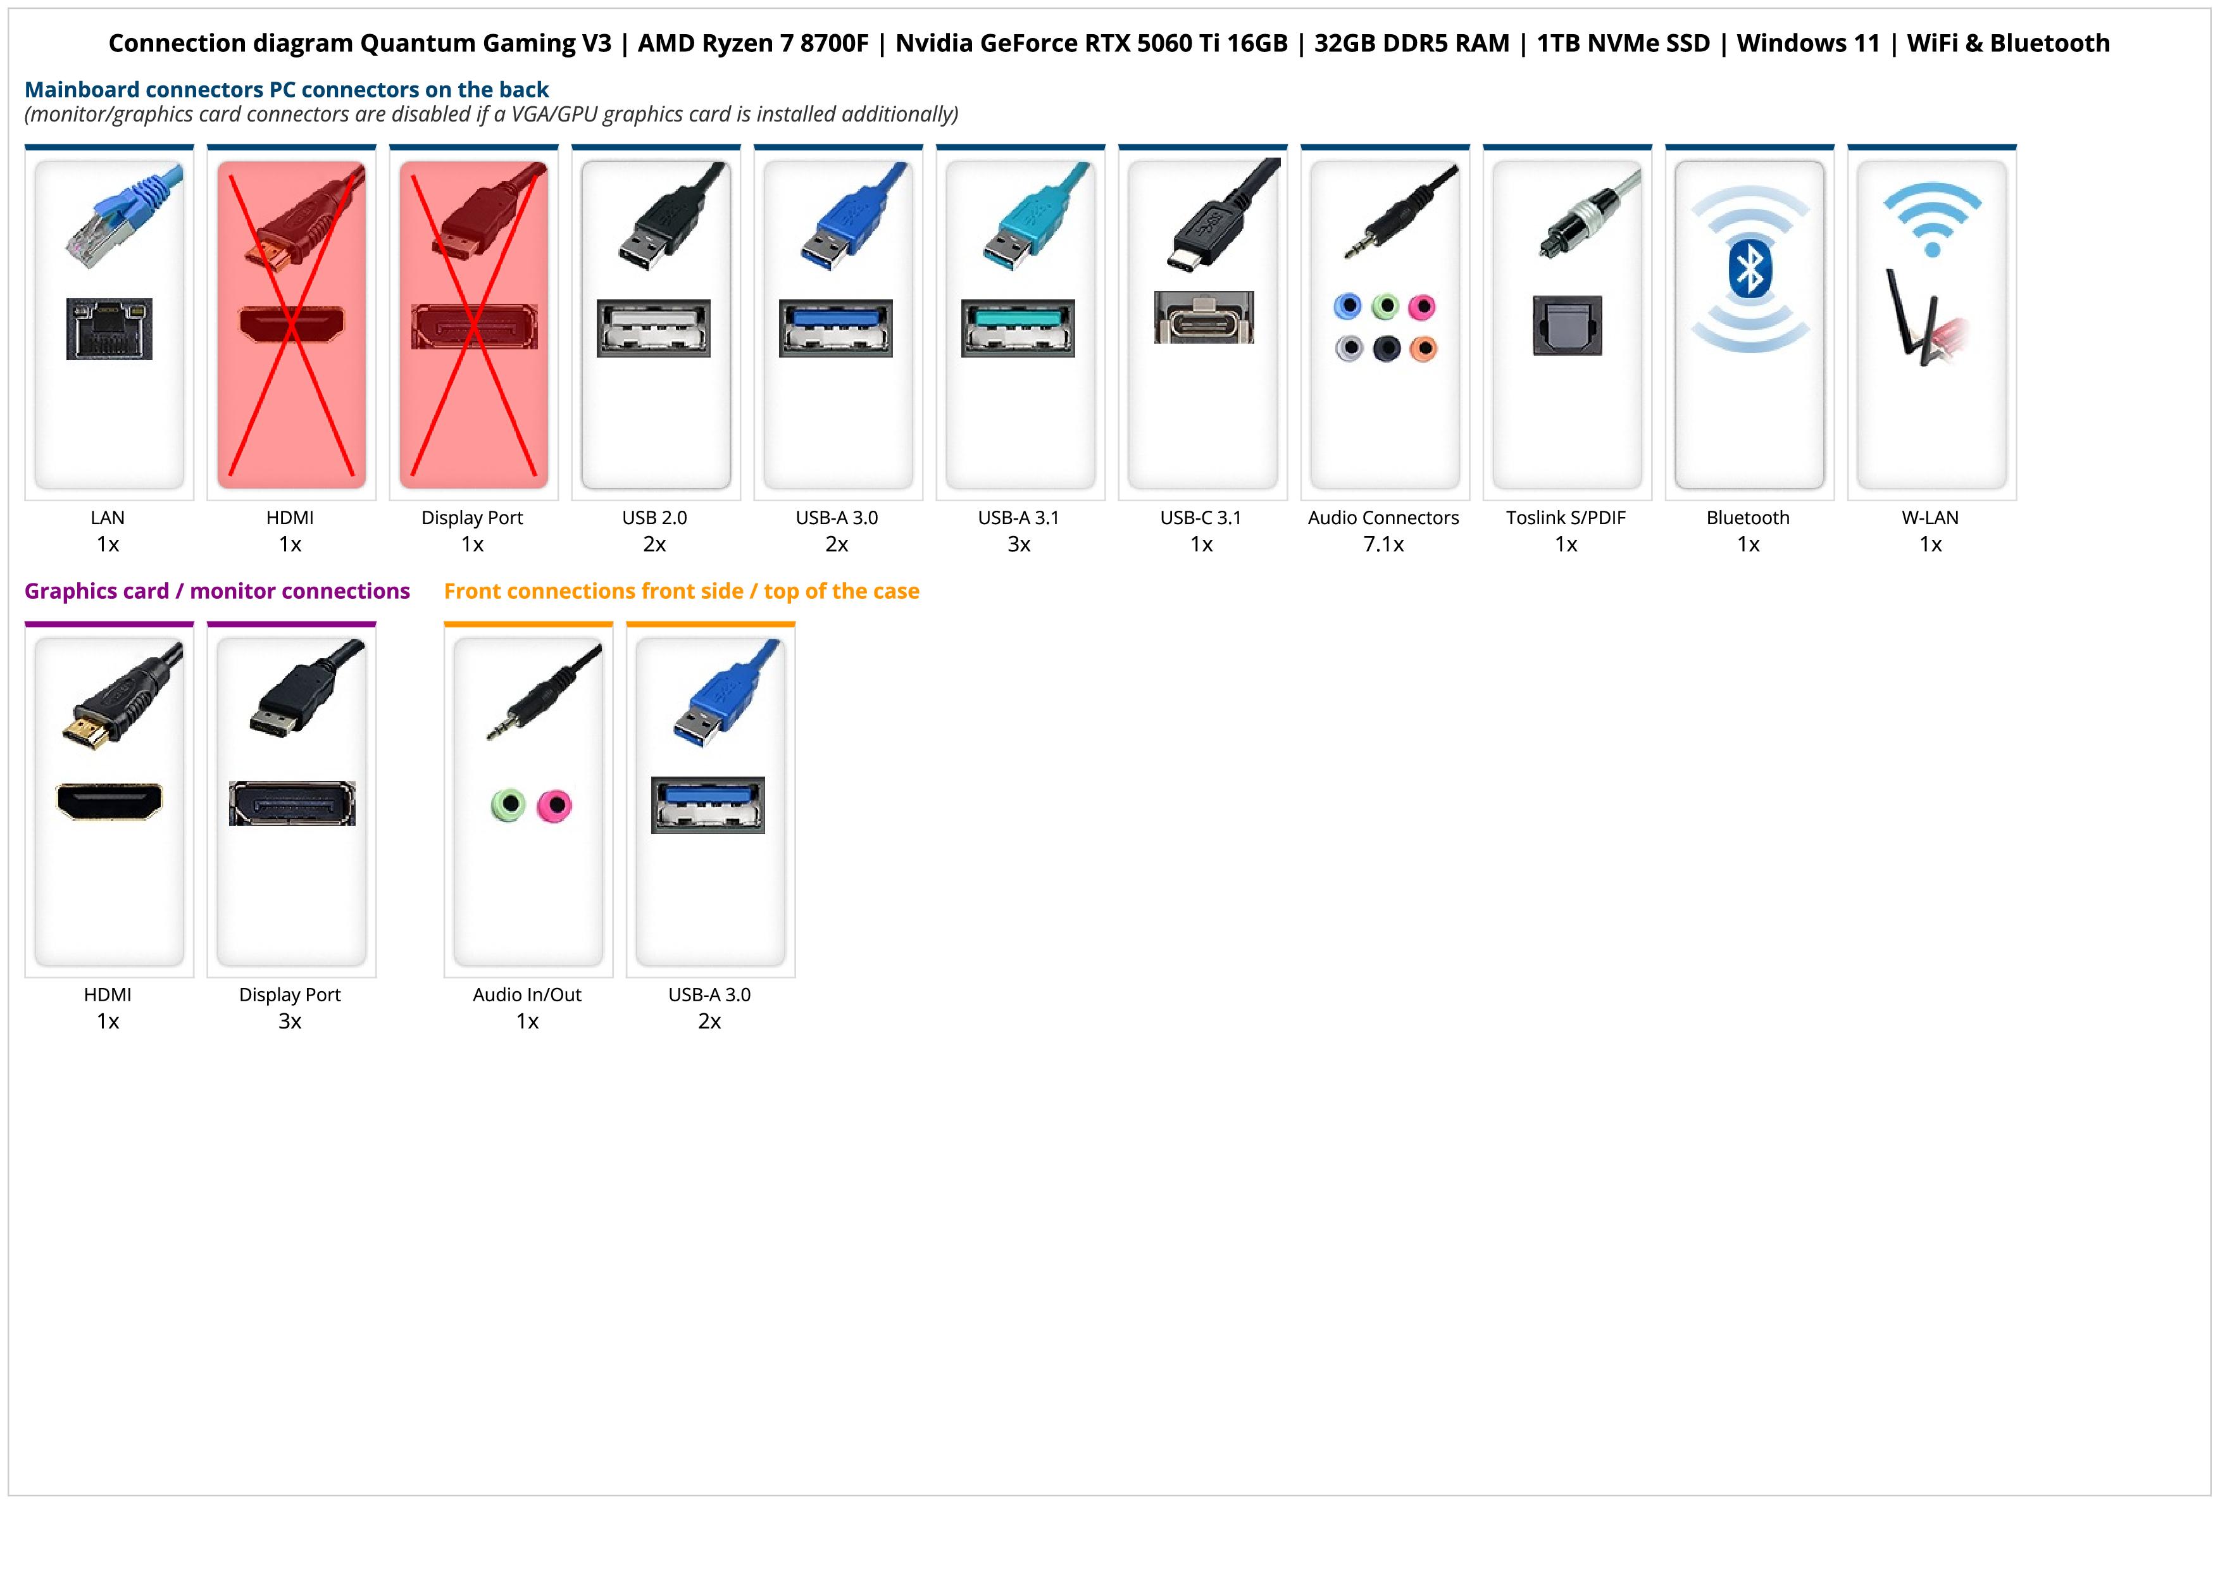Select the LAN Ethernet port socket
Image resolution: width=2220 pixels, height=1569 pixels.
coord(109,328)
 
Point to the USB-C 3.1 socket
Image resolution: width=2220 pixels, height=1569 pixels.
coord(1203,317)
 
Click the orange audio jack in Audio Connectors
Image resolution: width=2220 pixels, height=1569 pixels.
coord(1423,348)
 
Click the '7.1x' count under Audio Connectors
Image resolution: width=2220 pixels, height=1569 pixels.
coord(1383,544)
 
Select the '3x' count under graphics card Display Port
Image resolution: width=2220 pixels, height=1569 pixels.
coord(290,1021)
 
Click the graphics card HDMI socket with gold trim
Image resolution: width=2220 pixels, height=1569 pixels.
coord(109,801)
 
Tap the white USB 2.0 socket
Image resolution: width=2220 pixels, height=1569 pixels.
coord(654,328)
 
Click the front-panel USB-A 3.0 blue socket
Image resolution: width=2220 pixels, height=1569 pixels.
coord(708,804)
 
